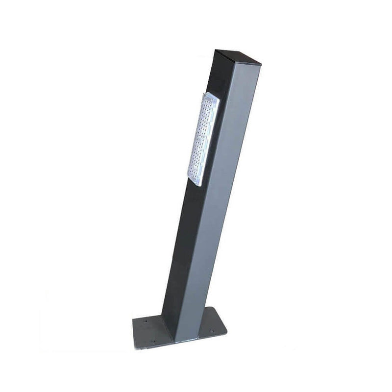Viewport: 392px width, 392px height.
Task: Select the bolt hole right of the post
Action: [212, 331]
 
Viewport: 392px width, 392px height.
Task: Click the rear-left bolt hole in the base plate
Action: [145, 322]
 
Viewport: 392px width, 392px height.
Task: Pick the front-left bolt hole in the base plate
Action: [153, 342]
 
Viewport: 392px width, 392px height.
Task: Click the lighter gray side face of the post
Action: [216, 196]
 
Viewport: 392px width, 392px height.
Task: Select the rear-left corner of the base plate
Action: [134, 319]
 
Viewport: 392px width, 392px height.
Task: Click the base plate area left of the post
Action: [149, 331]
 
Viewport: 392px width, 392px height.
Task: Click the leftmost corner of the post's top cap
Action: [214, 49]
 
